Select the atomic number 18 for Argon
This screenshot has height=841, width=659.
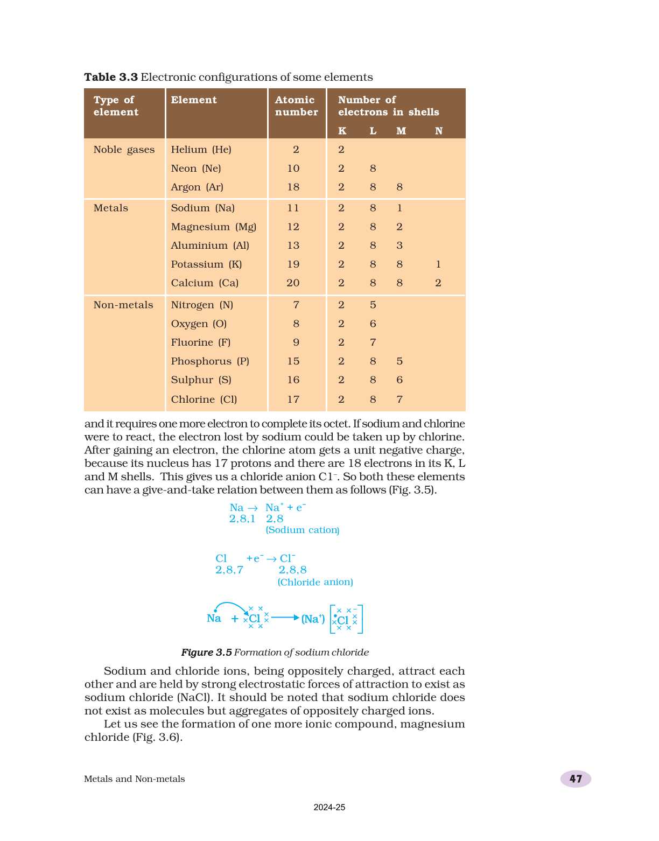coord(293,187)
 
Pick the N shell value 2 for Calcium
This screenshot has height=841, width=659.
coord(438,283)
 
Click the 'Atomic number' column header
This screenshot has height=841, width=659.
coord(296,106)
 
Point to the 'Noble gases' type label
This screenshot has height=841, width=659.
coord(124,150)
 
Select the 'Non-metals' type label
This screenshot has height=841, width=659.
coord(123,305)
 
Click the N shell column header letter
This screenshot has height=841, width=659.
coord(439,131)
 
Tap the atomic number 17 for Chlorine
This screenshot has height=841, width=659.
coord(293,400)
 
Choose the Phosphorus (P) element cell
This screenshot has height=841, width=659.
coord(210,361)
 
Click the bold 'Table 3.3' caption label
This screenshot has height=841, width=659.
coord(111,77)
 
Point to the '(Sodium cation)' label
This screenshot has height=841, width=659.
coord(303,530)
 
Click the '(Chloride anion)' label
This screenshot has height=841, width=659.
coord(316,582)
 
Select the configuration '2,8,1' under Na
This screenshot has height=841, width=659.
coord(242,519)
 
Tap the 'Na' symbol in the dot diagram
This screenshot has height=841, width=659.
coord(214,619)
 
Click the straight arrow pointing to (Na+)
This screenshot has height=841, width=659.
coord(285,618)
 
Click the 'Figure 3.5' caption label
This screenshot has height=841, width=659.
coord(206,653)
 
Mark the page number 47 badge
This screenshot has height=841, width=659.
coord(576,779)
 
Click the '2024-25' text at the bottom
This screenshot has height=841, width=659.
coord(329,808)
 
